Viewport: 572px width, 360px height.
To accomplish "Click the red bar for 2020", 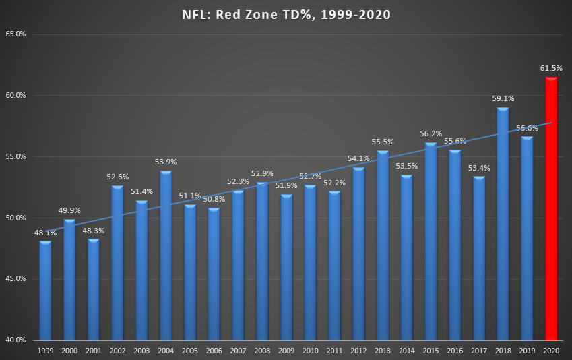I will click(x=551, y=209).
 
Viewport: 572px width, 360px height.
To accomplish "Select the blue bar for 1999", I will click(x=45, y=290).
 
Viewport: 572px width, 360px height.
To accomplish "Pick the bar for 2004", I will click(x=166, y=256).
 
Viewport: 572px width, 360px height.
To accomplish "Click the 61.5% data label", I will click(x=551, y=68).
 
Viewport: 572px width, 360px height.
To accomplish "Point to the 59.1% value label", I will click(x=503, y=98).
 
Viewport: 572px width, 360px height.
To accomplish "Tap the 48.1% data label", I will click(x=44, y=233).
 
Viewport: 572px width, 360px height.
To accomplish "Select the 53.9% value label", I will click(x=166, y=162).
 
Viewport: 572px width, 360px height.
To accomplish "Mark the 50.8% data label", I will click(x=214, y=199).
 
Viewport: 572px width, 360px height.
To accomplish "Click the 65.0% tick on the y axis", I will click(x=15, y=34).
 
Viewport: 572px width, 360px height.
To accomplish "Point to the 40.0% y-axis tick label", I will click(x=15, y=340).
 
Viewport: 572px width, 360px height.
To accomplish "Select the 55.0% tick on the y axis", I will click(x=15, y=156).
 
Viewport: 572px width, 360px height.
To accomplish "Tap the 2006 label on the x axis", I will click(x=214, y=351).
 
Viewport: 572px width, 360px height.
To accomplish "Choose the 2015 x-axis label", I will click(x=431, y=351).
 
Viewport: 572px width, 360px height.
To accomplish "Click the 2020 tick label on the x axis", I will click(x=551, y=351).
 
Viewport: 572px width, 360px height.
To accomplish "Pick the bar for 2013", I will click(x=383, y=245).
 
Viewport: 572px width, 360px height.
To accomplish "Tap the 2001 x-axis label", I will click(x=94, y=351).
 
